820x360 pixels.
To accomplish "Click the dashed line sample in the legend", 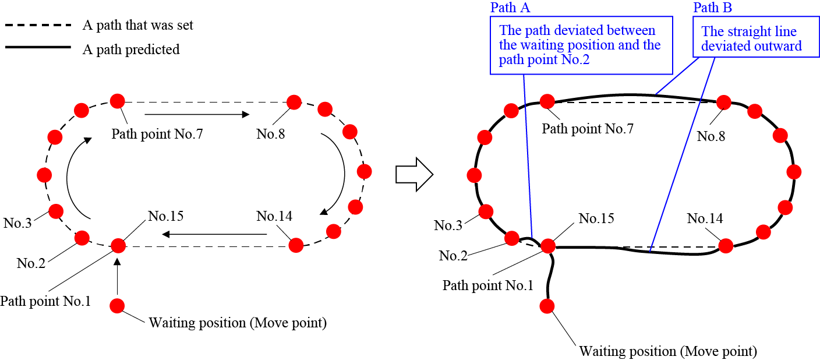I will click(37, 26).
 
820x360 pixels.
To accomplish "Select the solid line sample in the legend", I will click(37, 48).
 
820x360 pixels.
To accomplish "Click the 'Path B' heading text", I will click(712, 8).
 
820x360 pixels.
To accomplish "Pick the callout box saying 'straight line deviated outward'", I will click(751, 38).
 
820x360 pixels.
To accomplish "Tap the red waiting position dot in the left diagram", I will click(117, 306).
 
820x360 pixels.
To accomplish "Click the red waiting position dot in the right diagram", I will click(547, 306).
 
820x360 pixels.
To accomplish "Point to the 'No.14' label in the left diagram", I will click(274, 217).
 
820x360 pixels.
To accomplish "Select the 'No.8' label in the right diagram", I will click(711, 137).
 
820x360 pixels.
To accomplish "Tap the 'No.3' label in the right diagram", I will click(448, 225).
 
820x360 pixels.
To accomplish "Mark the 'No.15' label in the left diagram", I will click(166, 217).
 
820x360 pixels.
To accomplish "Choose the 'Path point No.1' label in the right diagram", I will click(488, 285).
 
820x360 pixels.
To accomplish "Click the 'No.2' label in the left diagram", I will click(31, 263).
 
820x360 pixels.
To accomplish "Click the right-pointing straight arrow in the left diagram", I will click(197, 115).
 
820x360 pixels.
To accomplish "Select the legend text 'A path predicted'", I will click(131, 50).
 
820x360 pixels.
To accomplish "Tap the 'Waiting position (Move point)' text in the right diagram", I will click(668, 352).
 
